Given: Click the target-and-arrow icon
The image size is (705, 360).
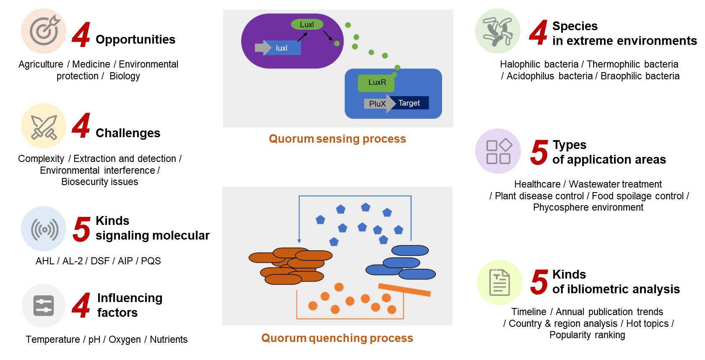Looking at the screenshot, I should tap(44, 31).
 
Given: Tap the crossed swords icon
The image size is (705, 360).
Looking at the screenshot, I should tap(44, 126).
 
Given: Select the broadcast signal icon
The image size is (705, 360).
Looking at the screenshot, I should tap(44, 229).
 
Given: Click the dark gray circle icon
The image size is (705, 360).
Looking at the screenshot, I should tap(44, 305).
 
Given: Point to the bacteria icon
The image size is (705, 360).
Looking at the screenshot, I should tap(498, 31).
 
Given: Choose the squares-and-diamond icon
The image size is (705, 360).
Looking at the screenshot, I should tap(498, 151).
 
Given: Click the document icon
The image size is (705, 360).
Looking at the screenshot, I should tap(499, 282).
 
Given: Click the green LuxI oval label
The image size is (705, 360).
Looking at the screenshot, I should tap(307, 24).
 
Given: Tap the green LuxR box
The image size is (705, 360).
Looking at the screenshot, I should tap(376, 83).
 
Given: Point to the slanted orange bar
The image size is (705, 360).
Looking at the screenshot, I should tap(404, 290).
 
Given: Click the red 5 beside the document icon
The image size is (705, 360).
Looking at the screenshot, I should tap(539, 282).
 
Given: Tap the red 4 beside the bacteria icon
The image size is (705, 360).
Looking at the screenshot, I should tap(539, 33).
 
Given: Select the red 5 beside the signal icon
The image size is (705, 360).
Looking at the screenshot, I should tap(82, 230).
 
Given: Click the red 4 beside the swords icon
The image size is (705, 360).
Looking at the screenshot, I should tap(81, 126).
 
